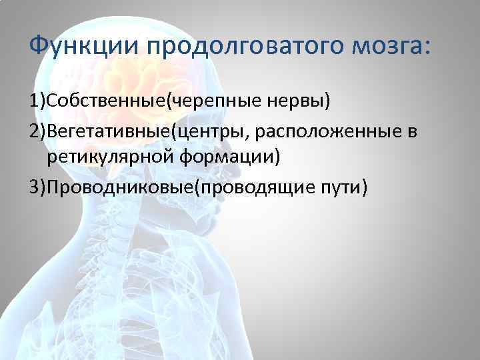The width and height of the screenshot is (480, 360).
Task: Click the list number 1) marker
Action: [37, 101]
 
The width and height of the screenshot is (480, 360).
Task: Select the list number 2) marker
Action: [37, 131]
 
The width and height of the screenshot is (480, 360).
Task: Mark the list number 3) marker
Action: [37, 189]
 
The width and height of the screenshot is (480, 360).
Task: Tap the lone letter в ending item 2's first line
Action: [413, 131]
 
